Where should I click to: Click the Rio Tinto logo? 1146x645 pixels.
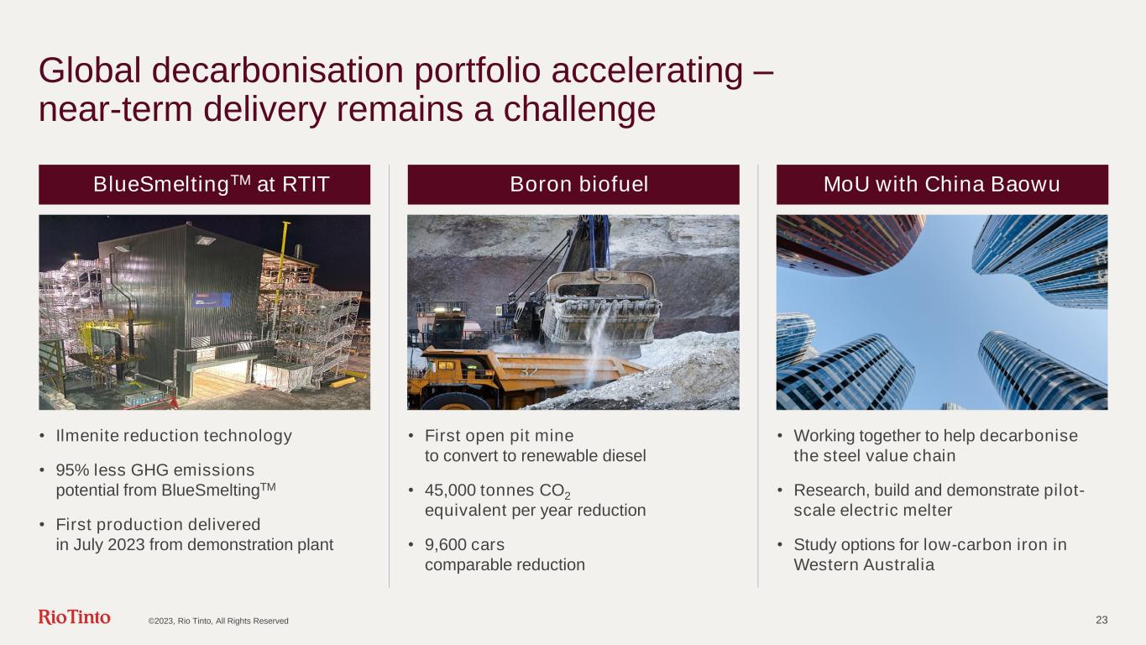pyautogui.click(x=74, y=616)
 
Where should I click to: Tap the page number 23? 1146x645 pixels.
pyautogui.click(x=1102, y=620)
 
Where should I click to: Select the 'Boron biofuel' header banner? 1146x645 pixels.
pyautogui.click(x=573, y=184)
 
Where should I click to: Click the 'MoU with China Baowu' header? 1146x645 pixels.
pyautogui.click(x=942, y=184)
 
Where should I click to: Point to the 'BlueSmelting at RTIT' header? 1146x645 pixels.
pyautogui.click(x=204, y=184)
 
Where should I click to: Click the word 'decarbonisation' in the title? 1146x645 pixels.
pyautogui.click(x=278, y=71)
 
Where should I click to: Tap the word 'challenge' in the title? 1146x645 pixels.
pyautogui.click(x=579, y=109)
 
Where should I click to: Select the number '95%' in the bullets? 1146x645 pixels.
pyautogui.click(x=72, y=470)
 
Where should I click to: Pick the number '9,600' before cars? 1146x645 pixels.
pyautogui.click(x=445, y=545)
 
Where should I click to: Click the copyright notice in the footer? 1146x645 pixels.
pyautogui.click(x=218, y=621)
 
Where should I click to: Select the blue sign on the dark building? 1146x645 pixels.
pyautogui.click(x=212, y=300)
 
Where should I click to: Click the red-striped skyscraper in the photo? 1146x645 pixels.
pyautogui.click(x=850, y=244)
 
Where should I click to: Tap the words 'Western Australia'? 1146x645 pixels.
pyautogui.click(x=864, y=564)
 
